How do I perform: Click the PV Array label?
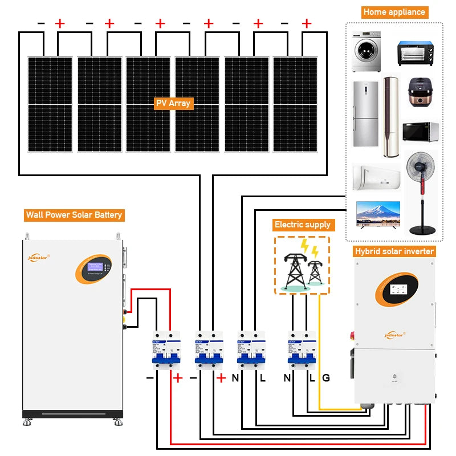pyautogui.click(x=174, y=104)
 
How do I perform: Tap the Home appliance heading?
pyautogui.click(x=394, y=11)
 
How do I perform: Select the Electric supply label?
pyautogui.click(x=302, y=225)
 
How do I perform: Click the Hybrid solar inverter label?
pyautogui.click(x=394, y=251)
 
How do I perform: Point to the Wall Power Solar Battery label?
pyautogui.click(x=74, y=215)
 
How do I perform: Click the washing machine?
pyautogui.click(x=365, y=51)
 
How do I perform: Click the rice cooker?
pyautogui.click(x=422, y=94)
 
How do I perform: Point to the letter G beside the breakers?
pyautogui.click(x=326, y=377)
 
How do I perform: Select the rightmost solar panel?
pyautogui.click(x=295, y=104)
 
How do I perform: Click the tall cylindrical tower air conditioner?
pyautogui.click(x=390, y=117)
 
